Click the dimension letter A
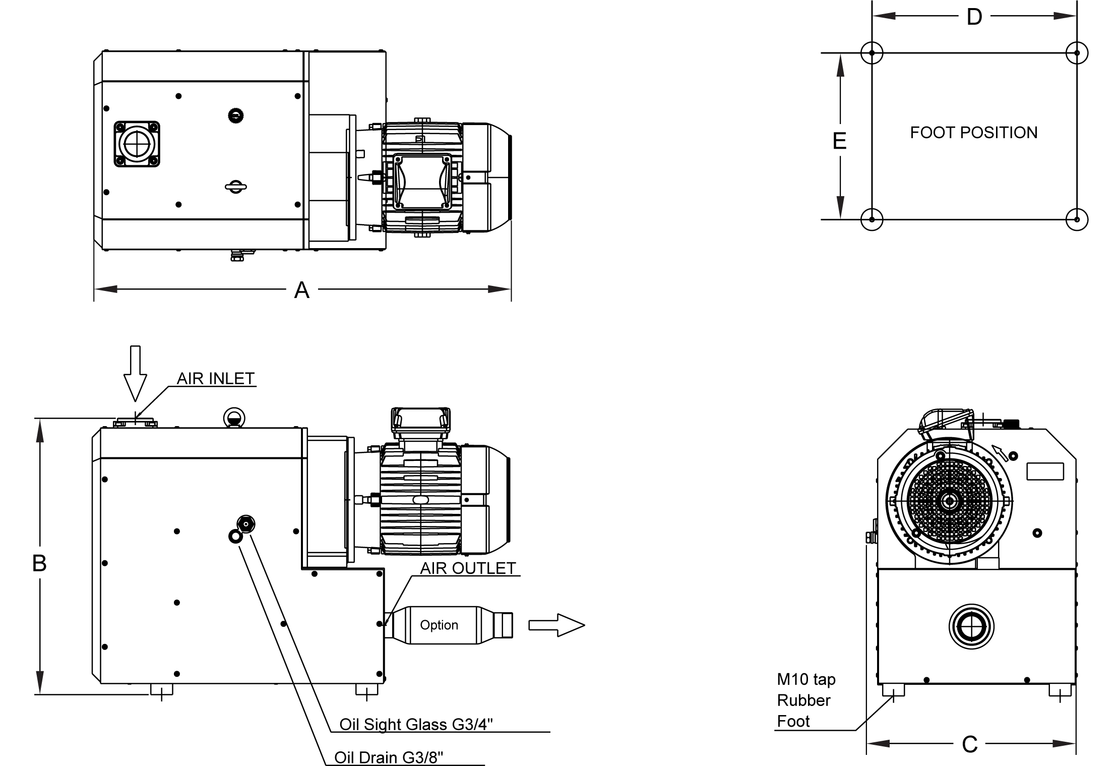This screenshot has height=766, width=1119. point(301,290)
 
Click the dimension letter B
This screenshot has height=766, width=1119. point(39,563)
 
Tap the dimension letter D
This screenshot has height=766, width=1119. point(974,17)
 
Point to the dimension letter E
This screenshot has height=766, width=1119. point(839,141)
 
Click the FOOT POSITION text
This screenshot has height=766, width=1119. point(973,133)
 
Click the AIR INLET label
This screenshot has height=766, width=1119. point(216,379)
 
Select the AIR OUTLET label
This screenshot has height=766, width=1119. point(468,568)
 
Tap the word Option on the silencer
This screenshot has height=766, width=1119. point(439,625)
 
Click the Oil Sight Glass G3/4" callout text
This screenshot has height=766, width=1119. point(416,724)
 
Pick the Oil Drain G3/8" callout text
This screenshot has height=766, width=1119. point(389,758)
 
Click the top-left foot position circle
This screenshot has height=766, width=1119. point(872,53)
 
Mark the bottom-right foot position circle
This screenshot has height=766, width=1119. point(1077,219)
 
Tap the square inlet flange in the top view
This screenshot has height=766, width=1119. point(137,144)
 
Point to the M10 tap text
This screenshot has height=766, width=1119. point(806,679)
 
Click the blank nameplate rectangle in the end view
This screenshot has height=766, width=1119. point(1045,472)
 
